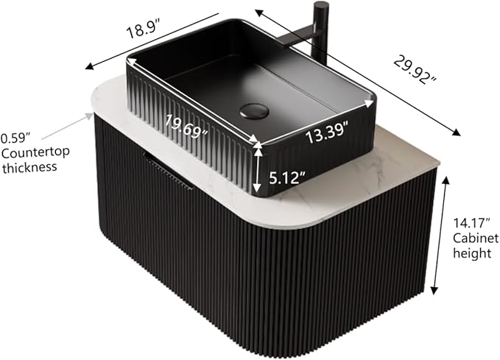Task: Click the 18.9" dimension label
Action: pos(143,28)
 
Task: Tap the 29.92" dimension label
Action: pos(415,70)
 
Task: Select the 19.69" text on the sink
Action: pos(187,127)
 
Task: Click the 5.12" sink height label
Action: pos(287,177)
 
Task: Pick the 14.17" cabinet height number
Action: pos(471,223)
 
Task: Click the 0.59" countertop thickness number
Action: pos(15,138)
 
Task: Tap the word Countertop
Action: pos(35,152)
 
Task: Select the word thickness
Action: pos(29,167)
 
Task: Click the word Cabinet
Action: pos(476,238)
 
